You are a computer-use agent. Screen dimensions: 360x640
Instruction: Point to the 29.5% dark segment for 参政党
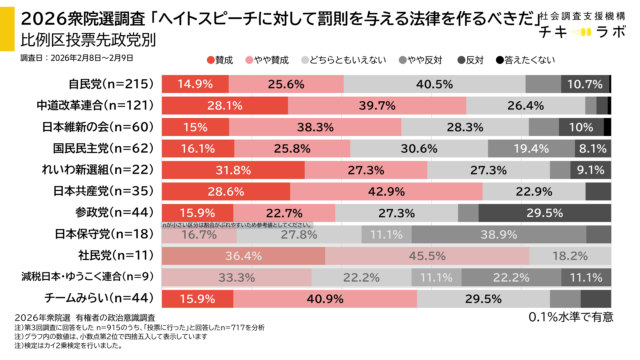coord(544,212)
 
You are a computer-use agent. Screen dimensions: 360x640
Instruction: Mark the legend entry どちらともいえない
coord(361,60)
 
